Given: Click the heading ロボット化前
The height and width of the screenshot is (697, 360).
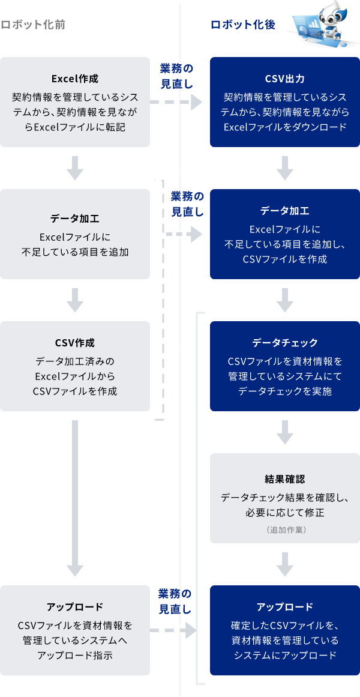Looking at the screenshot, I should (x=33, y=25).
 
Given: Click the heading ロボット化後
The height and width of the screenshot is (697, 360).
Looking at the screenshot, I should (x=243, y=25).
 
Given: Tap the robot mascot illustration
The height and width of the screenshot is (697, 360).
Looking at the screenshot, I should (x=322, y=24).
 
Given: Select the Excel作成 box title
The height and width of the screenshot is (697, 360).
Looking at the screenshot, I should (x=75, y=79).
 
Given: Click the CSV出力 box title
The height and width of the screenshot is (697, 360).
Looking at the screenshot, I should (x=284, y=79).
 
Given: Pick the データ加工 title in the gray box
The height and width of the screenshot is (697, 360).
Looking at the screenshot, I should (x=75, y=218).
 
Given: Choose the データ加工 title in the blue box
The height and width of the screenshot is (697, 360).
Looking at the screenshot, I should (x=284, y=211).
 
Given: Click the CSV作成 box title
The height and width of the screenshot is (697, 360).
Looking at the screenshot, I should (x=75, y=343).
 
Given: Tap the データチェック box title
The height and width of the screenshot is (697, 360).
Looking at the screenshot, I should (x=284, y=343).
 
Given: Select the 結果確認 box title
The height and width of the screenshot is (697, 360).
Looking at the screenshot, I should (x=284, y=479).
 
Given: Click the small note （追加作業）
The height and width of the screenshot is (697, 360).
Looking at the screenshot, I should (x=284, y=530).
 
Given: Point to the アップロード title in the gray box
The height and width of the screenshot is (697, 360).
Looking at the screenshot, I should (x=75, y=606).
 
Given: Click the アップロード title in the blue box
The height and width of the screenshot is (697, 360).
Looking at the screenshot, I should (x=284, y=606).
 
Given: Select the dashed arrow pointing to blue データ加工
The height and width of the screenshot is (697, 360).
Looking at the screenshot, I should (x=184, y=234).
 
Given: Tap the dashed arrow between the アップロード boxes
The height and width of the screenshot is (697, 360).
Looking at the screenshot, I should (x=173, y=630).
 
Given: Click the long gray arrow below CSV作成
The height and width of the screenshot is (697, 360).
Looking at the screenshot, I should (x=75, y=498).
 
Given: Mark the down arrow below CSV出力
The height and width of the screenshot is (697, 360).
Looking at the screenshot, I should (x=284, y=168).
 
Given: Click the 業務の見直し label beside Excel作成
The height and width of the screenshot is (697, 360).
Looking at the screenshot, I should (x=176, y=76).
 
